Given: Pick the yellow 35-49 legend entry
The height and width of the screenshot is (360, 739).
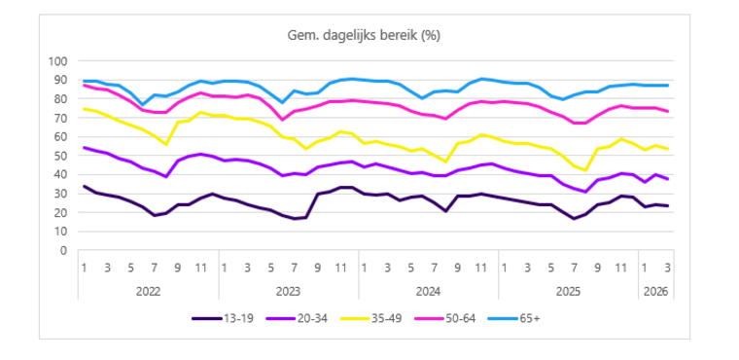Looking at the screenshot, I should tap(395, 317).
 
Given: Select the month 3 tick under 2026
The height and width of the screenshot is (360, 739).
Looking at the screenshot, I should tap(667, 266).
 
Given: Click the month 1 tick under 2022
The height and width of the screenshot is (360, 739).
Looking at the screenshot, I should tap(85, 266).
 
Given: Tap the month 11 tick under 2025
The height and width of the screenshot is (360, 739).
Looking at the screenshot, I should tap(620, 266).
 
